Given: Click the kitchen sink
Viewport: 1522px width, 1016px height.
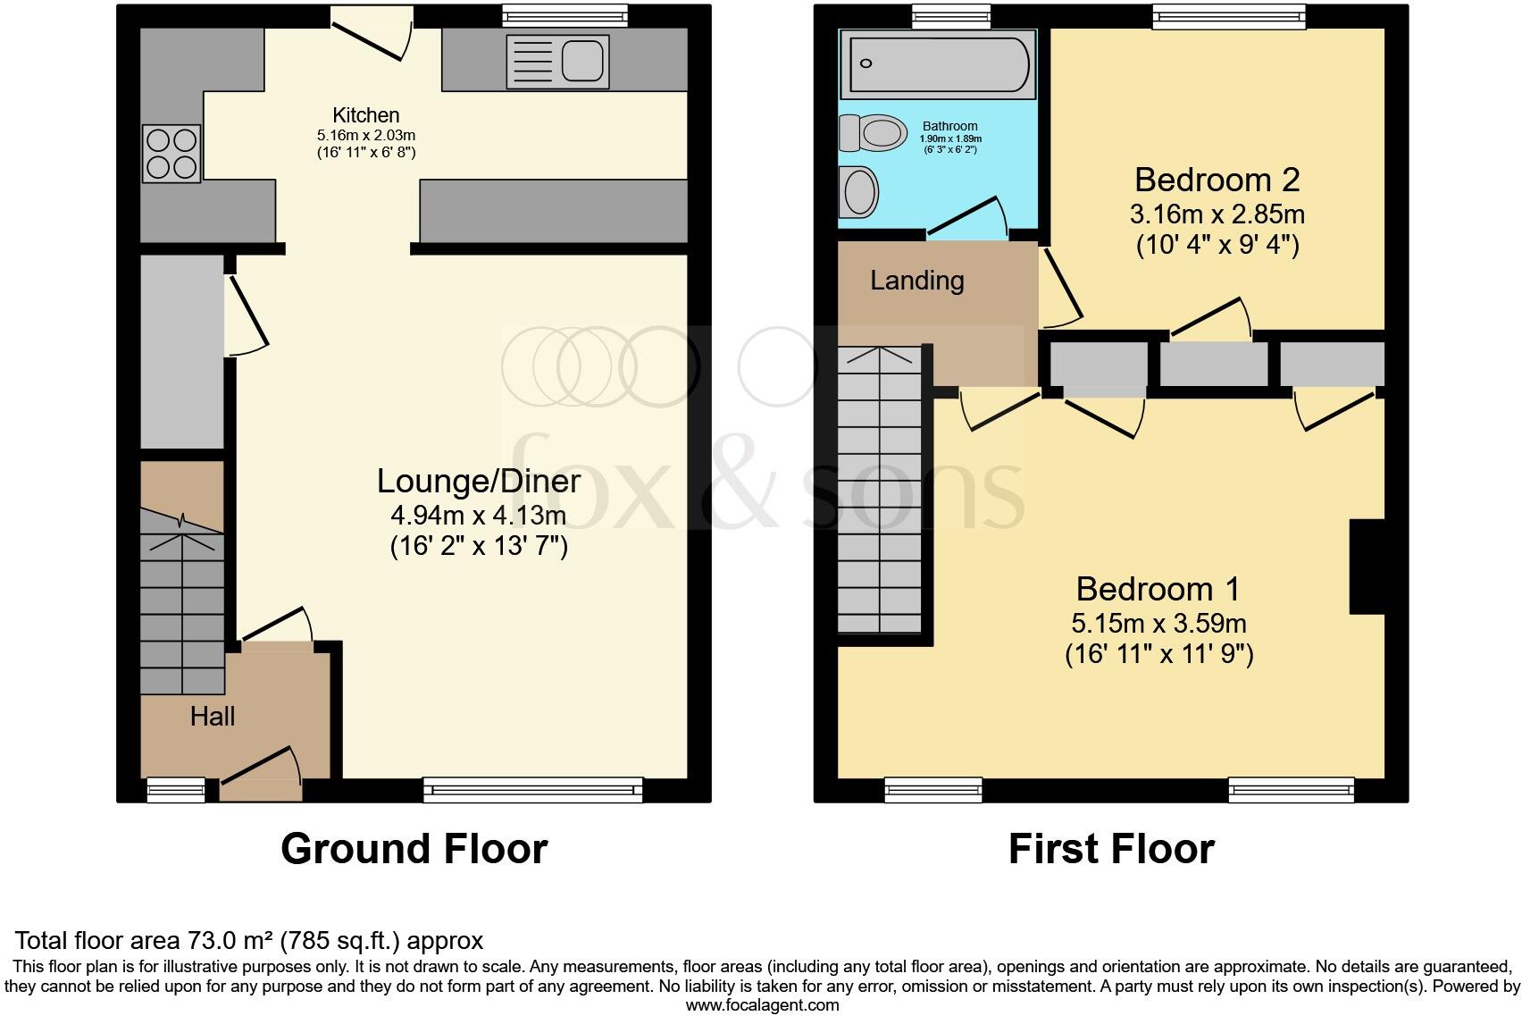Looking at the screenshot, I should [x=557, y=62].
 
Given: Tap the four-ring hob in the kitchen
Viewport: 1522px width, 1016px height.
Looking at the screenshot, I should [x=171, y=154].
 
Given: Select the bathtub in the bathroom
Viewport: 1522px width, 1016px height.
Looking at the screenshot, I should [x=938, y=63].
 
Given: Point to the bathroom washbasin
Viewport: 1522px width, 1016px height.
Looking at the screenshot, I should [x=860, y=191].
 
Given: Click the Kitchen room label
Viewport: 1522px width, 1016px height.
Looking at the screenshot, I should [x=365, y=115].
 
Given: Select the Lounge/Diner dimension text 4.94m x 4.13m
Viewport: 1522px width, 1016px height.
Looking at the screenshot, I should [x=478, y=516].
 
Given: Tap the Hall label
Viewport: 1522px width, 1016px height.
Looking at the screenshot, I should [x=213, y=717].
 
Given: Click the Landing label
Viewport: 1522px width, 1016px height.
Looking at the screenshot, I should [x=916, y=281].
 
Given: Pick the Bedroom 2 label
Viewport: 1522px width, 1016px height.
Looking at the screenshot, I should [x=1217, y=181].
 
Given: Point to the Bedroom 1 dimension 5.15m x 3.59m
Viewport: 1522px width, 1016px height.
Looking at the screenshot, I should [x=1158, y=624].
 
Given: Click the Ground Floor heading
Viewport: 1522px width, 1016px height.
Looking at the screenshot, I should [x=414, y=849].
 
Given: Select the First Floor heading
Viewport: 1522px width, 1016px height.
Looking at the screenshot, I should [x=1111, y=849].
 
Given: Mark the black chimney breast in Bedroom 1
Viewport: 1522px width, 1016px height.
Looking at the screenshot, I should [x=1367, y=567].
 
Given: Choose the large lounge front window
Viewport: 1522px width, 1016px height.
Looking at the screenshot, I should [x=533, y=789].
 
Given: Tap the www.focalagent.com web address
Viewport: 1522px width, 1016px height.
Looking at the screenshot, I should [x=762, y=1005].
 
